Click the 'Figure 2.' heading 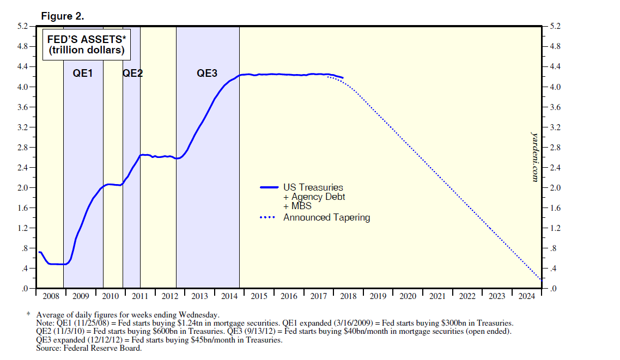(63, 16)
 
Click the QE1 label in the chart (83, 73)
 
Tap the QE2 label (132, 73)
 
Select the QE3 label (207, 73)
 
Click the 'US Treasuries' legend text (313, 188)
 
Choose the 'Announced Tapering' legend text (326, 217)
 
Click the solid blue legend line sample (269, 188)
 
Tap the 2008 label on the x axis (50, 296)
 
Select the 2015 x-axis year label (259, 296)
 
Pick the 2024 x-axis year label (527, 296)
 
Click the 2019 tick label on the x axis (378, 296)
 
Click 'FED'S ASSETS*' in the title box (86, 40)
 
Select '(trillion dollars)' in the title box (86, 51)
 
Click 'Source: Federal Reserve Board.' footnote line (89, 349)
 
